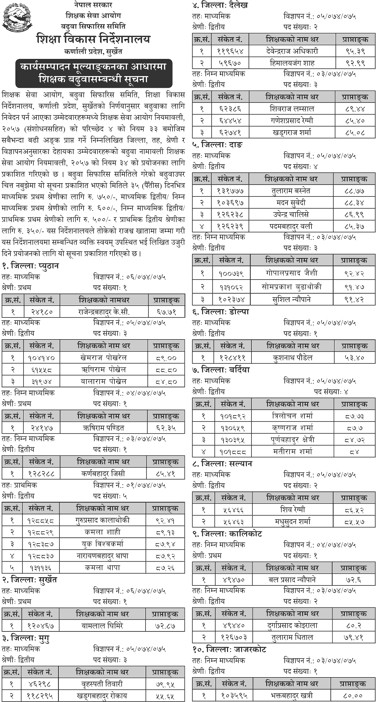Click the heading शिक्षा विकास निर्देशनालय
tap(93, 39)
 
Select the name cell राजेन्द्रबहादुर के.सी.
tap(104, 312)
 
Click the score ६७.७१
tap(167, 312)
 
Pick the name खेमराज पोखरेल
tap(104, 358)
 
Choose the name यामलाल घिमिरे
tap(102, 626)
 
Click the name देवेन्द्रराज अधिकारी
tap(292, 51)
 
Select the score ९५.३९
tap(355, 51)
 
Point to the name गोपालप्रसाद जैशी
tap(292, 273)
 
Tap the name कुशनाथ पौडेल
tap(293, 358)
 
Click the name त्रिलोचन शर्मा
tap(293, 416)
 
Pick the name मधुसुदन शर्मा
tap(293, 522)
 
